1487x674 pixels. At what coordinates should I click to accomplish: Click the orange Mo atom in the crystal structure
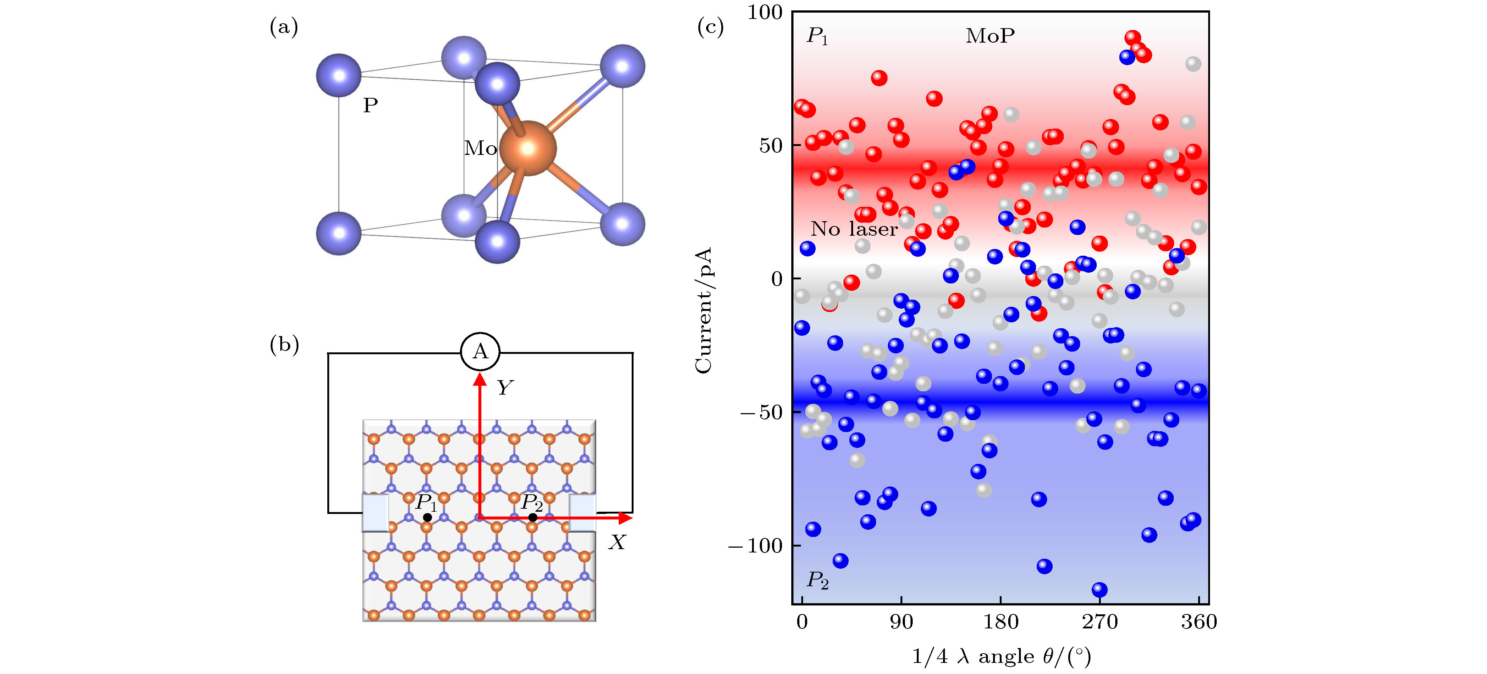pos(528,149)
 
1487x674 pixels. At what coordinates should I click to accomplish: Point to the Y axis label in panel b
pos(505,387)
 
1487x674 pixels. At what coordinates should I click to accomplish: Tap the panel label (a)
pos(284,27)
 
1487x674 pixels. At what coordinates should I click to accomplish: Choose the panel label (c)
pos(711,27)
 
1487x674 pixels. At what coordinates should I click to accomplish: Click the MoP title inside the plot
pos(990,36)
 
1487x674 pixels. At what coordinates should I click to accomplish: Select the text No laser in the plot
pos(854,229)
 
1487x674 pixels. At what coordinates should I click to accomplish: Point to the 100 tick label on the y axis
pos(765,12)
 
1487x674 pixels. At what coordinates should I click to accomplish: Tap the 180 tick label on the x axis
pos(1000,622)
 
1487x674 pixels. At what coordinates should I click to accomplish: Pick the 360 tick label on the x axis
pos(1199,622)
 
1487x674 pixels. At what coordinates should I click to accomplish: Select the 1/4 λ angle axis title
pos(1002,657)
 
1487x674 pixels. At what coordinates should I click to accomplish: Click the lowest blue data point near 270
pos(1100,590)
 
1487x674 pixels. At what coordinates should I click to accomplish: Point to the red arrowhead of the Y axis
pos(480,379)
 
